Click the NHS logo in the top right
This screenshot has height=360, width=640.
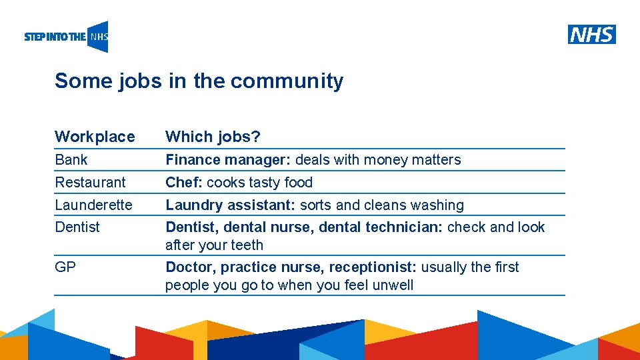coord(592,34)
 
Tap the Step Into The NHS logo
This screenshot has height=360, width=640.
coord(66,37)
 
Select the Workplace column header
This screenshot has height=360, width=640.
coord(95,137)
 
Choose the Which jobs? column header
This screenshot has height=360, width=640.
coord(213,137)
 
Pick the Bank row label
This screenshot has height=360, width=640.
coord(71,160)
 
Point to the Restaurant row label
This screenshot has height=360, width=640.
coord(90,182)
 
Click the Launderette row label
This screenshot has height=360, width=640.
coord(93,205)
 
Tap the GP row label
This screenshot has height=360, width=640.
coord(65,267)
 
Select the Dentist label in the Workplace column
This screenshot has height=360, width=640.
coord(77,227)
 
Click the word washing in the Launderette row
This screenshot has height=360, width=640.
coord(437,205)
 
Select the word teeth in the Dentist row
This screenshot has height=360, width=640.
coord(247,245)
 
